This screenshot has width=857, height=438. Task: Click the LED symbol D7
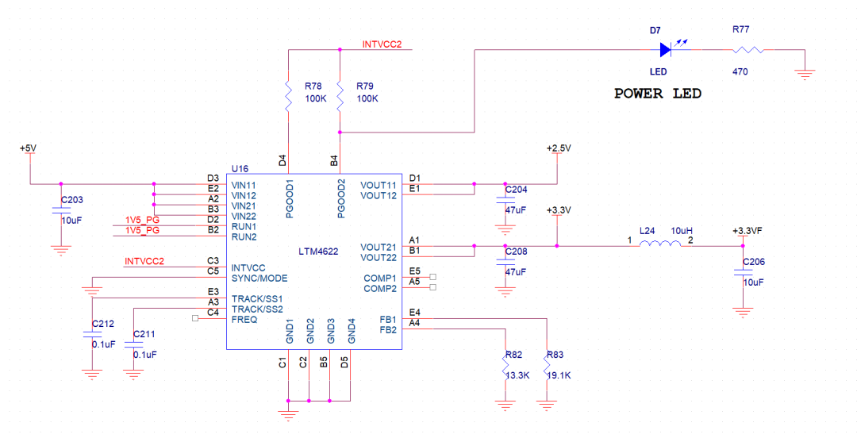pos(666,50)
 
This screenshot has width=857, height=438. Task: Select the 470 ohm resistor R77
pos(748,50)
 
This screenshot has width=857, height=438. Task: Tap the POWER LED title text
pos(658,94)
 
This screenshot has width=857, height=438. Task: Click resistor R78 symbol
pos(289,96)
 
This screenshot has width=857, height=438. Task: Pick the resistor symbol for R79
pos(340,96)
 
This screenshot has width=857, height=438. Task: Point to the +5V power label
pos(28,148)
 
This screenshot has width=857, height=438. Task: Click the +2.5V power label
pos(559,148)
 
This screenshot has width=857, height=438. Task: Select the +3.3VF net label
pos(747,231)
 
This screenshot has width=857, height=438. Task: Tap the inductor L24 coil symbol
pos(660,244)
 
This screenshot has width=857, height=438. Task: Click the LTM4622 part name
pos(318,252)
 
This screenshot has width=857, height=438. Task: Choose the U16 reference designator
pos(240,168)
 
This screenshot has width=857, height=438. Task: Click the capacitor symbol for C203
pos(61,210)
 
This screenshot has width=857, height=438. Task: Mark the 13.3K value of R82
pos(517,375)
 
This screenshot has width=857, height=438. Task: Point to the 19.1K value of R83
pos(559,375)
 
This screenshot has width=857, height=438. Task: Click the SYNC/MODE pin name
pos(259,279)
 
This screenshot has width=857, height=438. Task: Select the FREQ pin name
pos(244,320)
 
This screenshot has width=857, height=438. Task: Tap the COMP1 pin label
pos(380,279)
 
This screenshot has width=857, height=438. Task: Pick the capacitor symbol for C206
pos(743,272)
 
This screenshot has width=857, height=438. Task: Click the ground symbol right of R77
pos(805,73)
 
